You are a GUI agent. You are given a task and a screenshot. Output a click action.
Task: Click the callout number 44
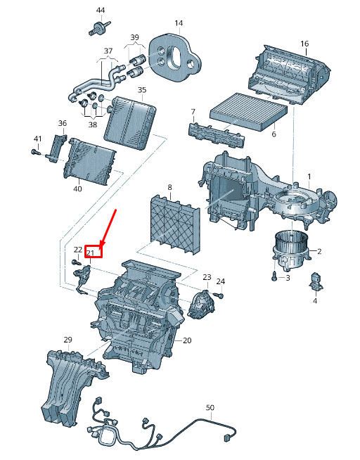pos(101,11)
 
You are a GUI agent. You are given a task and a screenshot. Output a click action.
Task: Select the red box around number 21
pos(94,251)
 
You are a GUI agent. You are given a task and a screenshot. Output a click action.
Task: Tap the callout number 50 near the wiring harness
pos(210,407)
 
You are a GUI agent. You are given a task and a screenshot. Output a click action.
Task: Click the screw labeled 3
pos(274,276)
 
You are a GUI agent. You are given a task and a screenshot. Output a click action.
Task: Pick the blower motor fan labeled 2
pos(291,249)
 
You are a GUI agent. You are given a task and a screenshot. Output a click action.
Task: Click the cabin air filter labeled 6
pos(249,111)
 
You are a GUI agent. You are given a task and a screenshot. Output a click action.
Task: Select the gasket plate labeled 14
pos(174,57)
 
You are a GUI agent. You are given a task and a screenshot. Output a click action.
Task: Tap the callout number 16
pos(304,44)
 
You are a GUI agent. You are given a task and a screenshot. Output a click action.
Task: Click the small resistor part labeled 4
pos(316,281)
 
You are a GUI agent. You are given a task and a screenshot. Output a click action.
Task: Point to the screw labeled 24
pos(219,295)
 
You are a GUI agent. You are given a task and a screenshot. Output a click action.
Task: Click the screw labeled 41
pos(35,152)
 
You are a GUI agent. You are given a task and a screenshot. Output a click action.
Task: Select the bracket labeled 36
pos(56,148)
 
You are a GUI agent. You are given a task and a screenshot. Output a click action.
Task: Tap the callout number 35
pos(142,90)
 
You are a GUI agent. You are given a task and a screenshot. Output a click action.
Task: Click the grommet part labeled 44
pos(99,28)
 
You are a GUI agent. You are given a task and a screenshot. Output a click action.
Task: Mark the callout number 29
pos(67,340)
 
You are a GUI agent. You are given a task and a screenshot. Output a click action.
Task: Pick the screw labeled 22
pos(76,262)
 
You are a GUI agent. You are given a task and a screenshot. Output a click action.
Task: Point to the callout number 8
pos(169,187)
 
